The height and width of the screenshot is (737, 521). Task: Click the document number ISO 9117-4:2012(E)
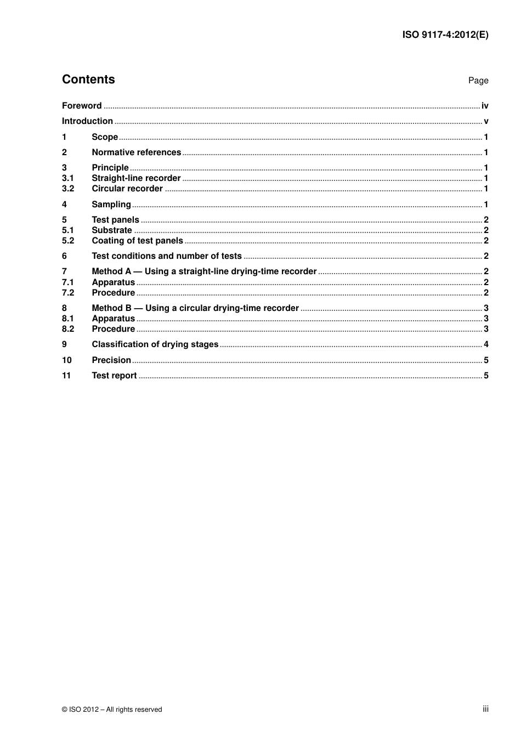pos(445,35)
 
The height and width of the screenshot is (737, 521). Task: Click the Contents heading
pos(88,80)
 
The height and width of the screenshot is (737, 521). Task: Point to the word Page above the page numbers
pos(478,81)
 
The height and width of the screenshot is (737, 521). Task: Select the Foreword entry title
pos(82,106)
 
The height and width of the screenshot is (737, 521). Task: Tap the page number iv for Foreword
pos(485,106)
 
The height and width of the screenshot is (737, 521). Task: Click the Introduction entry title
pos(87,121)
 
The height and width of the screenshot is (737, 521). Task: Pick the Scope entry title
pos(105,137)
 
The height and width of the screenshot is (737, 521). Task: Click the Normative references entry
pos(136,152)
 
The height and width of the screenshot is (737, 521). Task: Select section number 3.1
pos(67,178)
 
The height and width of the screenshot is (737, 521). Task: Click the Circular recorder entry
pos(127,189)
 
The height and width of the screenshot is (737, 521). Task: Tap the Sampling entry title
pos(111,205)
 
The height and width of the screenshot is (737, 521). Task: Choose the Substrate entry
pos(112,230)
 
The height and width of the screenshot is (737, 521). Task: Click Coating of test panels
pos(137,241)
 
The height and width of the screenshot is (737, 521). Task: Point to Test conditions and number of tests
pos(167,256)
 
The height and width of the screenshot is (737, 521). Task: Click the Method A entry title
pos(204,271)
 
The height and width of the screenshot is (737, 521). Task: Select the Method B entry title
pos(195,308)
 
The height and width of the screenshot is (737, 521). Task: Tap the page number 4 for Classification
pos(486,344)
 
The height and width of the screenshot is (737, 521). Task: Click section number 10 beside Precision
pos(66,360)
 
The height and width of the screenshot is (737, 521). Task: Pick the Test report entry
pos(114,376)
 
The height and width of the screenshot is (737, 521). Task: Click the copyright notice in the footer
pos(112,710)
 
